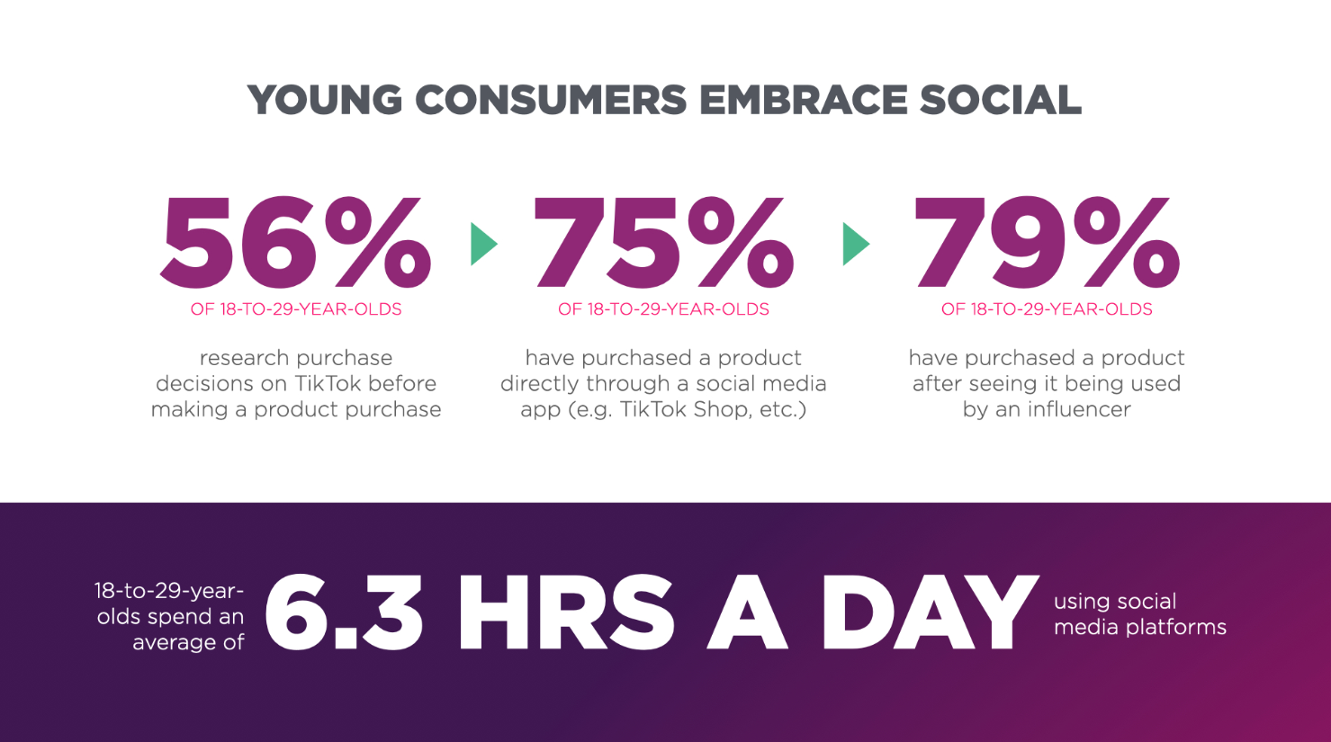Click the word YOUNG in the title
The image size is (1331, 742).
(325, 99)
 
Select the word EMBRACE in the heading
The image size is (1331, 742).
(804, 99)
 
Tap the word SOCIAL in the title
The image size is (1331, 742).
(1002, 99)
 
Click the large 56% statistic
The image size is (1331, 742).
(295, 243)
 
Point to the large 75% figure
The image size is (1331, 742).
(664, 243)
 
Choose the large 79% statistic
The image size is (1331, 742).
(1047, 243)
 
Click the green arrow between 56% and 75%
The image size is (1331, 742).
(483, 244)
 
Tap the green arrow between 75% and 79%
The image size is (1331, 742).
(856, 244)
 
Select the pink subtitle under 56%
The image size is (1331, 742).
(296, 308)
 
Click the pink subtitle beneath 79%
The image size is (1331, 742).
(1047, 308)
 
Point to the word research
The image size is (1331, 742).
(244, 358)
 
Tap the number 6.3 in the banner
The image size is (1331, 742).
(344, 612)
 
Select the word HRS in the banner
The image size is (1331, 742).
(566, 612)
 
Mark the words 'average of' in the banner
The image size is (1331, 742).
(188, 642)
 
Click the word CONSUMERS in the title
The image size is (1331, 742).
(552, 99)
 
